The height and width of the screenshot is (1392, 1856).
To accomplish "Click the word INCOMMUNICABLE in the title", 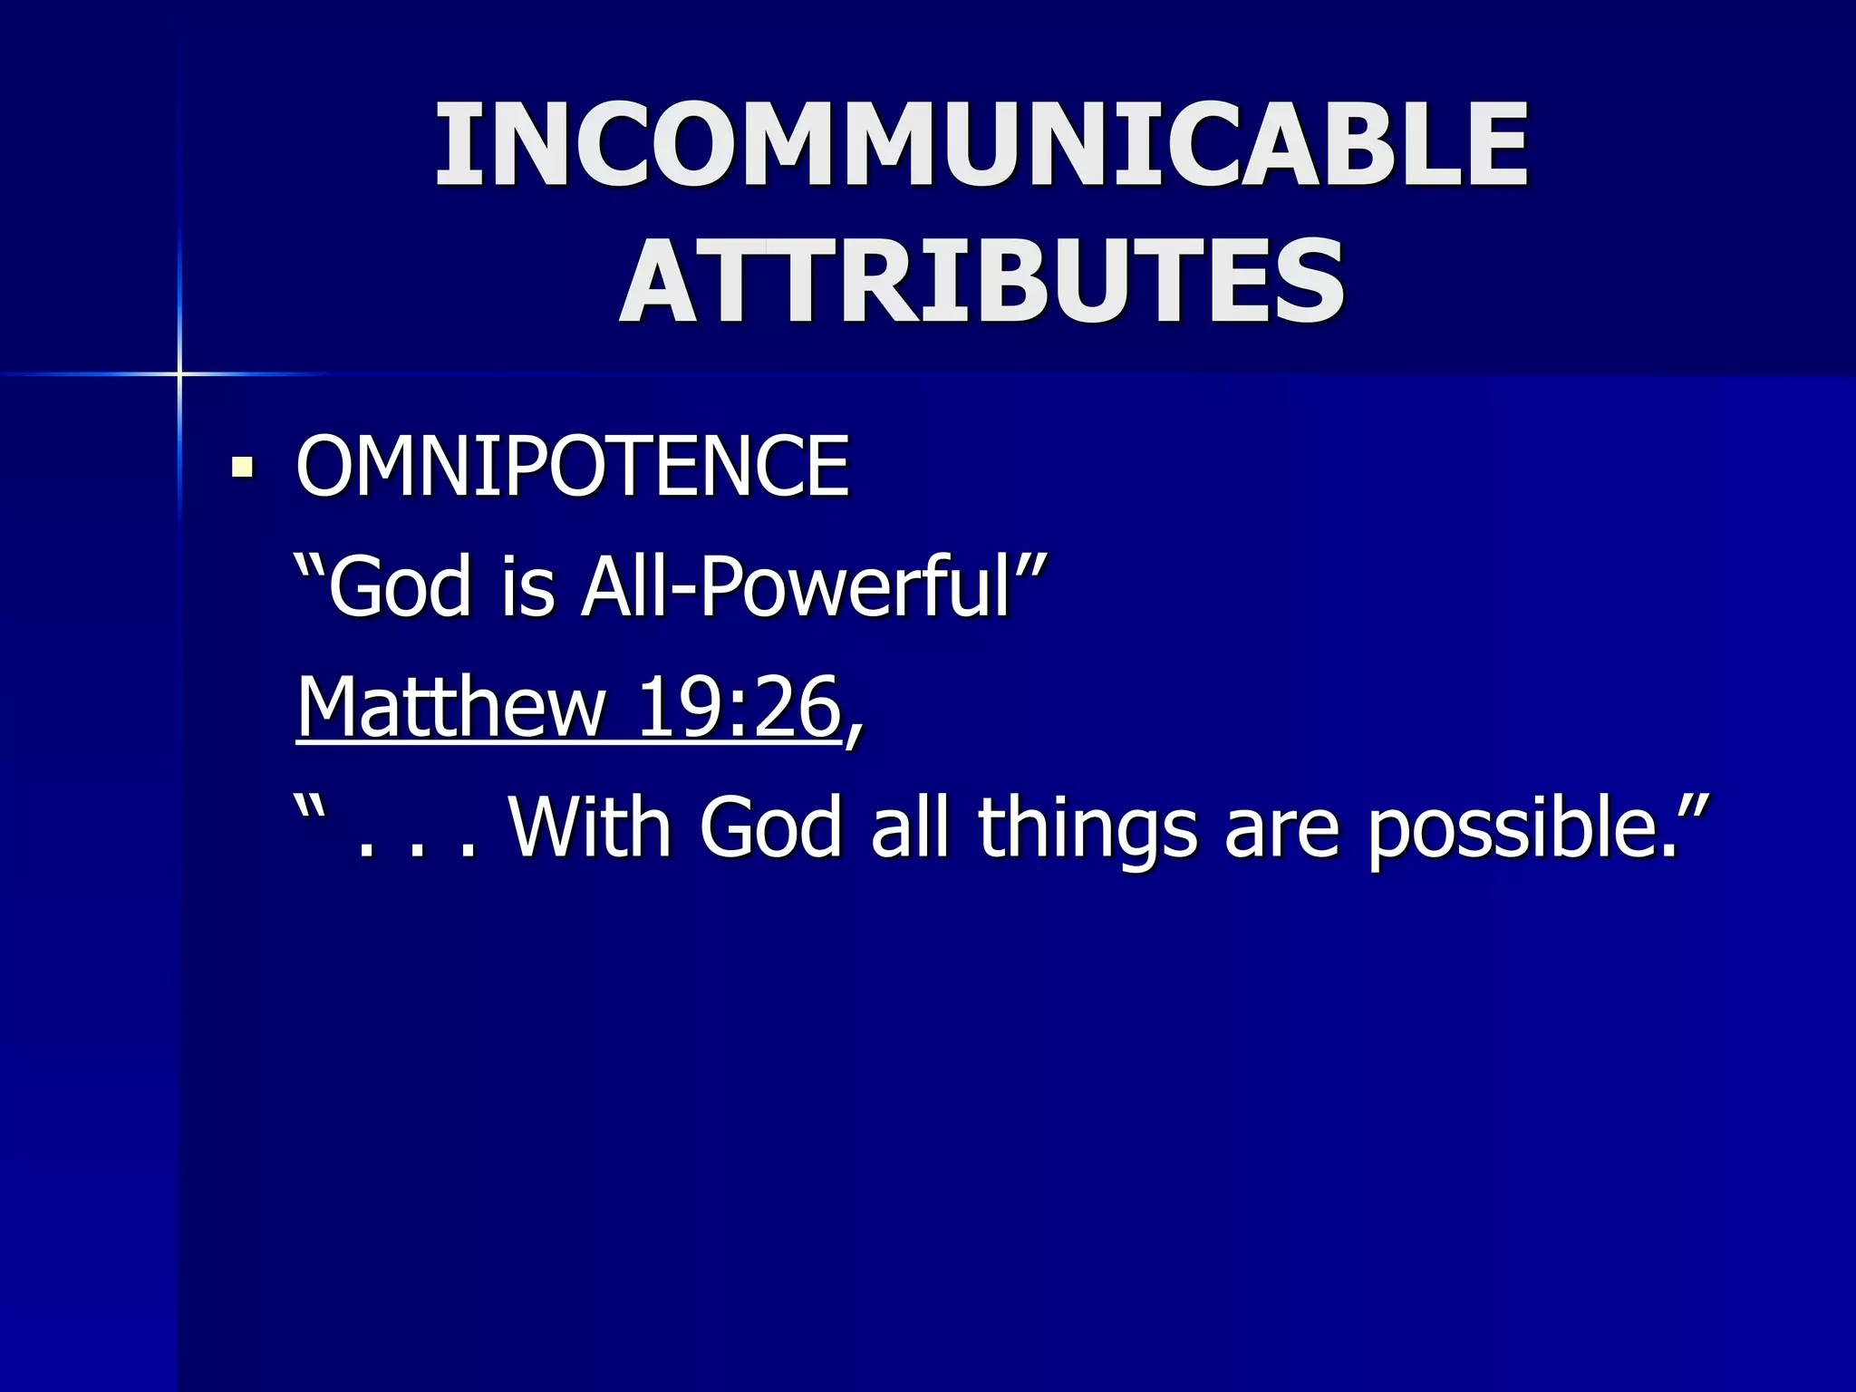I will pyautogui.click(x=982, y=145).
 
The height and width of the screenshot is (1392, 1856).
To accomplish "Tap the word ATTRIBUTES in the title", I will pyautogui.click(x=982, y=281).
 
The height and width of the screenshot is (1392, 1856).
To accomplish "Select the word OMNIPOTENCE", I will pyautogui.click(x=573, y=466).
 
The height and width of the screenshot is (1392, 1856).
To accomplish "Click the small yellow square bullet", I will pyautogui.click(x=242, y=468).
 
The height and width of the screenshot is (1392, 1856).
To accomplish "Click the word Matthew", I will pyautogui.click(x=451, y=707).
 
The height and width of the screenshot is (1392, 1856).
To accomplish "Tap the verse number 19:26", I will pyautogui.click(x=738, y=707).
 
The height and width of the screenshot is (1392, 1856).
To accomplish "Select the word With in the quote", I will pyautogui.click(x=591, y=826).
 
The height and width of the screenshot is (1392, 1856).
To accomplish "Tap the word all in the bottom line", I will pyautogui.click(x=910, y=826).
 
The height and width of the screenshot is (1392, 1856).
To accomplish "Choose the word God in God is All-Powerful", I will pyautogui.click(x=400, y=587).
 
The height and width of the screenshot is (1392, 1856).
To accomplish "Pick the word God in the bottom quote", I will pyautogui.click(x=770, y=826).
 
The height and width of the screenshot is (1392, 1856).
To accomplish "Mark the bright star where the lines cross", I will pyautogui.click(x=179, y=373).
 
